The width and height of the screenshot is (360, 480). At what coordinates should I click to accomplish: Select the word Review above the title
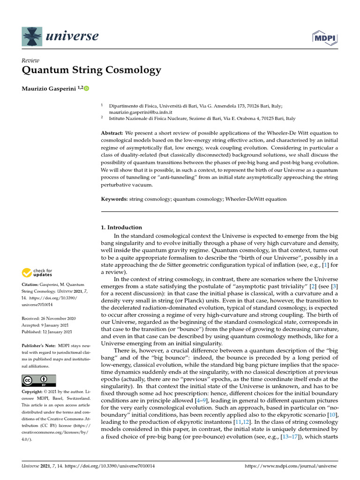tap(30, 60)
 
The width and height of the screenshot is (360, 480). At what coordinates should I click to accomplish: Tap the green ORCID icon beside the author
tap(86, 88)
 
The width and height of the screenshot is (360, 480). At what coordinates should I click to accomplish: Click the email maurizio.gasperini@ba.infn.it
tap(141, 112)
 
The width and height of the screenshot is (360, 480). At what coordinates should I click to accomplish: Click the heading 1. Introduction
tap(121, 227)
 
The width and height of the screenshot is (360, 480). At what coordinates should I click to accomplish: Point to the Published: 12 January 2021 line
tap(47, 332)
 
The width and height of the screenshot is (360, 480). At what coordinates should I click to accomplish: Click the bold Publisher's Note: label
tap(40, 345)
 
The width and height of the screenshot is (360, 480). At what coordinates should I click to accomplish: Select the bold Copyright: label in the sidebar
tap(34, 391)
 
